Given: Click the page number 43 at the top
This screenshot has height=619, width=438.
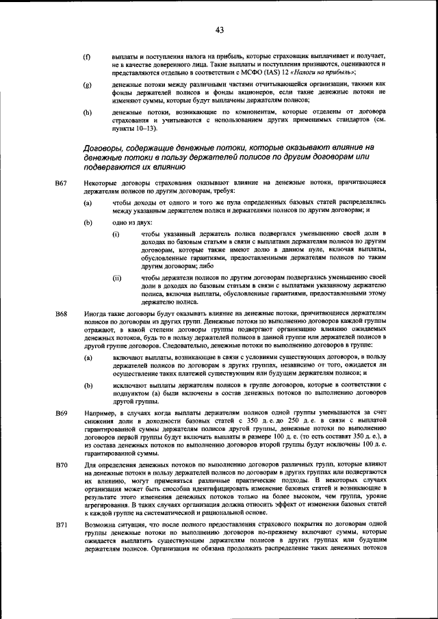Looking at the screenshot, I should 220,29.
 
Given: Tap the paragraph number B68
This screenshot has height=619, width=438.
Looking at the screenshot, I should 61,313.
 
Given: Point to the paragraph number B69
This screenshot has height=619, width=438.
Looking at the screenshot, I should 61,414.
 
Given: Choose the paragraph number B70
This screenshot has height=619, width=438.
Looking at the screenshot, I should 61,465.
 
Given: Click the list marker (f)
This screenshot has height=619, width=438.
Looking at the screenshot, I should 87,55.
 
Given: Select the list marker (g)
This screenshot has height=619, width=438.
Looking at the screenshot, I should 87,84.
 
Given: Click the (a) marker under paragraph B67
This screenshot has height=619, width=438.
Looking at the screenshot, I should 88,203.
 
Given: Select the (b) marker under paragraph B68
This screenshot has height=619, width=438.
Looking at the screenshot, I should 88,386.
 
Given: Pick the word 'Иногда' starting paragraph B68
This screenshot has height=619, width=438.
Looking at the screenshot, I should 98,313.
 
